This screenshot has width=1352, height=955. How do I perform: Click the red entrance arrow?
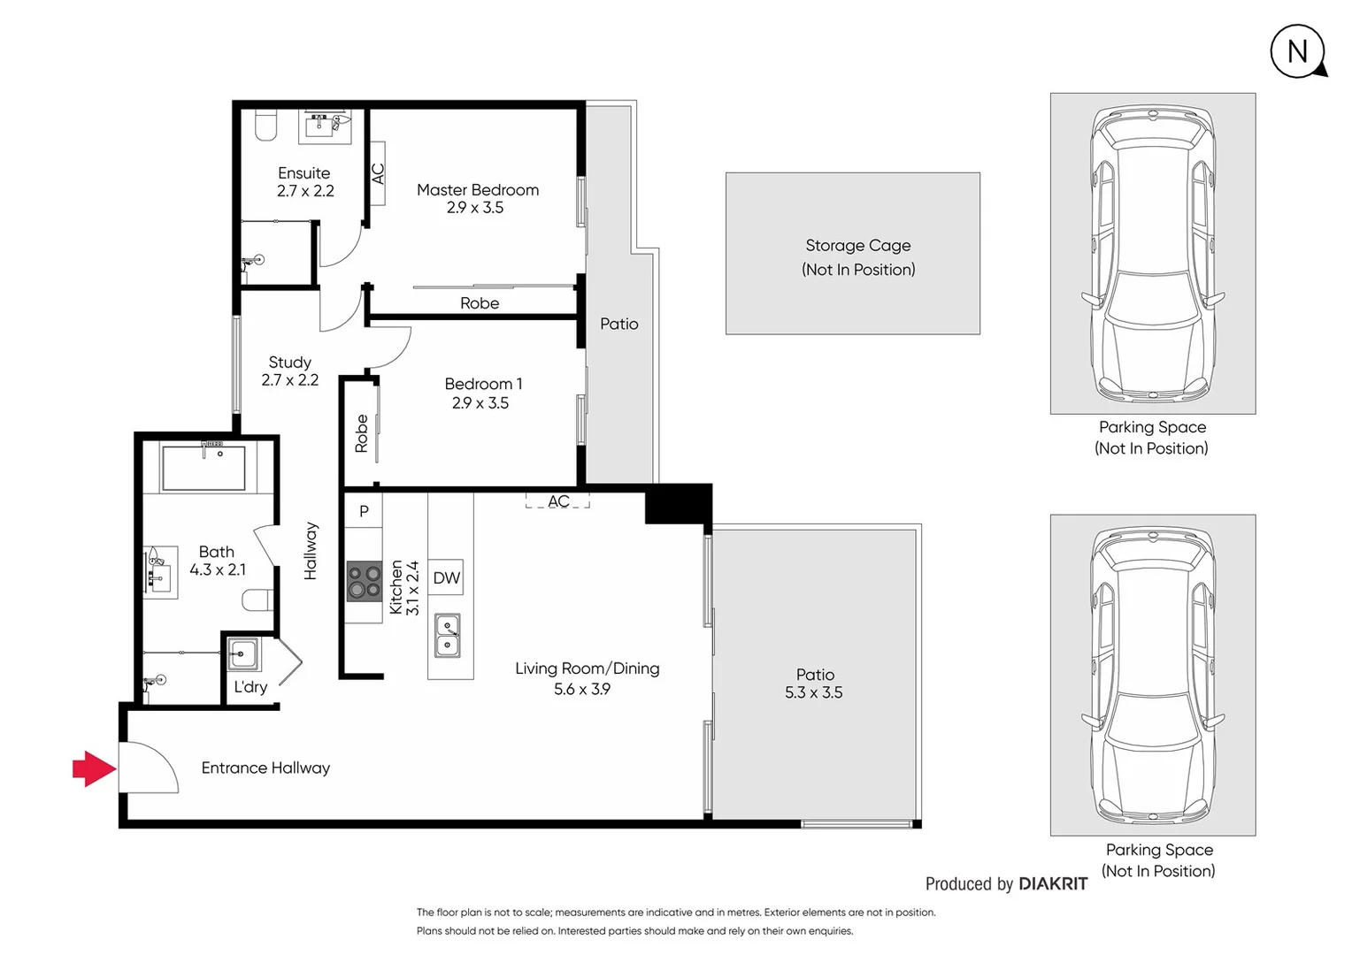pyautogui.click(x=94, y=768)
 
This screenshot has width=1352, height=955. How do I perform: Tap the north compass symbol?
pyautogui.click(x=1298, y=51)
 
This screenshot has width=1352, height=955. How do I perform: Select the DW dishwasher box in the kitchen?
pyautogui.click(x=446, y=578)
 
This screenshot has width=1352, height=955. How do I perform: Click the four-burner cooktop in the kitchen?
pyautogui.click(x=364, y=581)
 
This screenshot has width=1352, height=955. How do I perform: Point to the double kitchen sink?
pyautogui.click(x=448, y=636)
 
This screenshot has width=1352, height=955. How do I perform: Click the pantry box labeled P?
pyautogui.click(x=364, y=511)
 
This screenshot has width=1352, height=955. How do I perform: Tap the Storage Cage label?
pyautogui.click(x=857, y=246)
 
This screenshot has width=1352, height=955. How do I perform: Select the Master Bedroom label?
pyautogui.click(x=478, y=190)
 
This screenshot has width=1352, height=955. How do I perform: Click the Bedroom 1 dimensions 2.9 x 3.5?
pyautogui.click(x=480, y=403)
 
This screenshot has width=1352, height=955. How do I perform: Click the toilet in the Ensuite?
pyautogui.click(x=266, y=125)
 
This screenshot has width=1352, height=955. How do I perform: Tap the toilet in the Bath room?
pyautogui.click(x=257, y=600)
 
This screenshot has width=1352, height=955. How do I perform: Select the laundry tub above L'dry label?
pyautogui.click(x=242, y=654)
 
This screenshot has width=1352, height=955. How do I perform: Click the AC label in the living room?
pyautogui.click(x=558, y=501)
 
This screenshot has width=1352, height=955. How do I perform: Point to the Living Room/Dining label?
pyautogui.click(x=588, y=668)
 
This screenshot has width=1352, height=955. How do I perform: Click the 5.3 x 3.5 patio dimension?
pyautogui.click(x=813, y=693)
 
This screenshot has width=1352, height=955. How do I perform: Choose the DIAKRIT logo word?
pyautogui.click(x=1053, y=883)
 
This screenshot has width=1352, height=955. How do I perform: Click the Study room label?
pyautogui.click(x=290, y=363)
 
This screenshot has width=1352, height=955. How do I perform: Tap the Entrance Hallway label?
pyautogui.click(x=265, y=768)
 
